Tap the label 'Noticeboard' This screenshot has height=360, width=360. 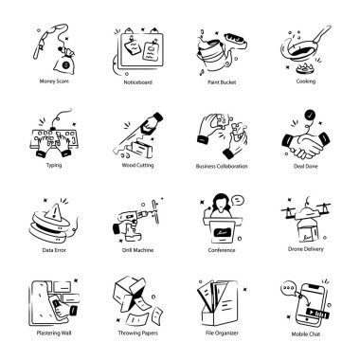(137, 82)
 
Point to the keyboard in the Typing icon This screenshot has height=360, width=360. (54, 138)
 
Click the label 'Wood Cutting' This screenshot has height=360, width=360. (137, 165)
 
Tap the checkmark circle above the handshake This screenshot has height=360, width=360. (310, 115)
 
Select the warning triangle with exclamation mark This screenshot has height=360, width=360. (55, 210)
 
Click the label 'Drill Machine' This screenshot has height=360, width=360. (137, 250)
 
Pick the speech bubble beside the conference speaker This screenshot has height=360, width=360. (238, 200)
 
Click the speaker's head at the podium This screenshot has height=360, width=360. (221, 202)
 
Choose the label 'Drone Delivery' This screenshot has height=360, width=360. (306, 249)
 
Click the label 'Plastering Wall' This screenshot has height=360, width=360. (54, 333)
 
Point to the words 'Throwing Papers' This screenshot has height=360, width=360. (137, 333)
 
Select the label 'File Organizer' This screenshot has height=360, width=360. (222, 333)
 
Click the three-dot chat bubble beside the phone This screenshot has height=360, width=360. (288, 289)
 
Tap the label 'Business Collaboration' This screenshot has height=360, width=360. (222, 166)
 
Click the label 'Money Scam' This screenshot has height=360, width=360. (54, 81)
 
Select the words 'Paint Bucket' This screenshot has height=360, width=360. (222, 82)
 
